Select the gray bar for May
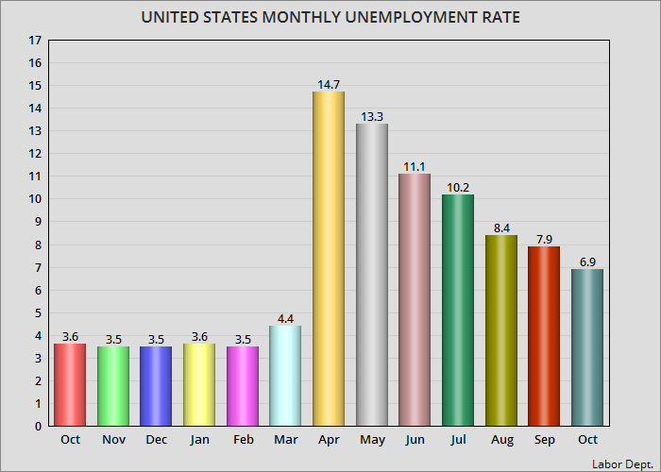click(371, 275)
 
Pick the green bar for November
click(112, 386)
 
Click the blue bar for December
click(156, 386)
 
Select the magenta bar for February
click(242, 386)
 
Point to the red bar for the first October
click(70, 385)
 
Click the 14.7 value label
click(329, 85)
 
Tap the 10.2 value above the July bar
click(458, 187)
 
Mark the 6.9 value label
click(587, 261)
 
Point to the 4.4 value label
click(285, 318)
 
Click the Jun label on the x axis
click(415, 440)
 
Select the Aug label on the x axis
click(500, 440)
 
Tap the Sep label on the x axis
click(544, 440)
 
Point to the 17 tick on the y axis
click(35, 41)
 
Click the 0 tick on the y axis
click(38, 427)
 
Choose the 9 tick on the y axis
click(38, 222)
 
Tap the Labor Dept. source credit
click(624, 464)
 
